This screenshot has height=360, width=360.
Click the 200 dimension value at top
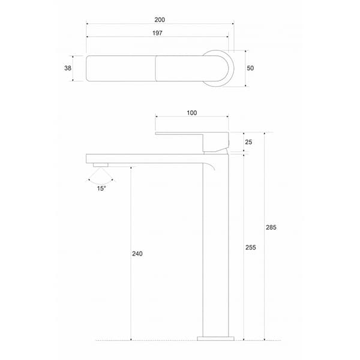(160, 19)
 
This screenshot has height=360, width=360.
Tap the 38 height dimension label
(68, 68)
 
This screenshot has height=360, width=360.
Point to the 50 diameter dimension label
(250, 68)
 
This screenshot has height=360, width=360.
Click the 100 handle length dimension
(191, 113)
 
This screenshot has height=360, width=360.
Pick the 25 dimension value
(248, 143)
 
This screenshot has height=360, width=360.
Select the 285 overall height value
(271, 227)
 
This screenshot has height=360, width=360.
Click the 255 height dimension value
(251, 248)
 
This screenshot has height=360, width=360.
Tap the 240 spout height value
(137, 254)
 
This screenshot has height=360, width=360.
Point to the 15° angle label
(101, 188)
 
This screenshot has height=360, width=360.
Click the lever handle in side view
(180, 133)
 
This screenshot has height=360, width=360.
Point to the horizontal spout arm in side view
(144, 158)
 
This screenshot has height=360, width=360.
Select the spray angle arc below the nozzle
(100, 178)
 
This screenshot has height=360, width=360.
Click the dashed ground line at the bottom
(150, 341)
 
